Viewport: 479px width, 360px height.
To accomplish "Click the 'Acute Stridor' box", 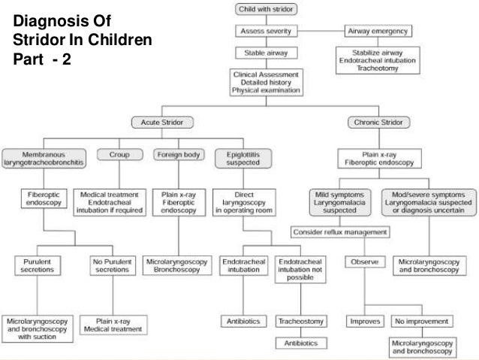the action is (163, 122).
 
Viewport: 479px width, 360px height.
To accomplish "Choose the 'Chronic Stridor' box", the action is (378, 122).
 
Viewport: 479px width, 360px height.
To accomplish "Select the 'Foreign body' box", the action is (179, 155).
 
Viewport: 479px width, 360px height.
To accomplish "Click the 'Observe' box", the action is (364, 262).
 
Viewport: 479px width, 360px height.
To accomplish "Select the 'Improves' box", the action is (364, 322).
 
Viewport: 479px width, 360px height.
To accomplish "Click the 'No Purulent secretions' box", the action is (107, 266).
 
